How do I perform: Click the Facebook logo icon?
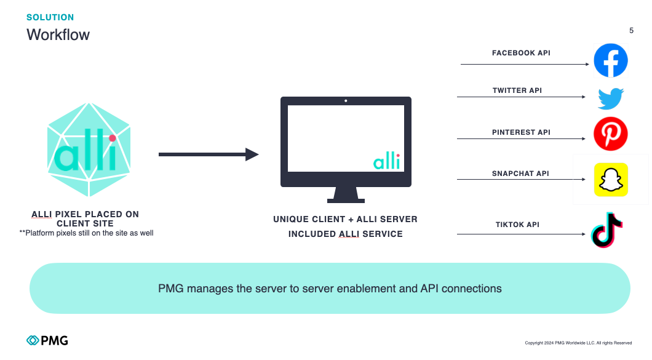pyautogui.click(x=610, y=60)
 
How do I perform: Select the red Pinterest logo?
pyautogui.click(x=610, y=134)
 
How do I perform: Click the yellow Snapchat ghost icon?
pyautogui.click(x=611, y=180)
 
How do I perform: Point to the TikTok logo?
pyautogui.click(x=607, y=230)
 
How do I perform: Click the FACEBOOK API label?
pyautogui.click(x=521, y=54)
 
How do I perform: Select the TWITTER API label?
pyautogui.click(x=517, y=91)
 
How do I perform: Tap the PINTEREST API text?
pyautogui.click(x=521, y=132)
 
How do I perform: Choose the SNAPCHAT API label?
pyautogui.click(x=520, y=174)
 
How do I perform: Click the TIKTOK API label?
pyautogui.click(x=517, y=225)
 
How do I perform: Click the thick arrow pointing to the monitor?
pyautogui.click(x=209, y=154)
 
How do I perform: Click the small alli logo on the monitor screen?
pyautogui.click(x=386, y=162)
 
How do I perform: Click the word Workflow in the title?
pyautogui.click(x=58, y=34)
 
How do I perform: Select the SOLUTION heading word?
pyautogui.click(x=50, y=17)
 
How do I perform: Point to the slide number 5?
pyautogui.click(x=631, y=31)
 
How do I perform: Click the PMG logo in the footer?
pyautogui.click(x=47, y=340)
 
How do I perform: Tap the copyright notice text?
pyautogui.click(x=578, y=343)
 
